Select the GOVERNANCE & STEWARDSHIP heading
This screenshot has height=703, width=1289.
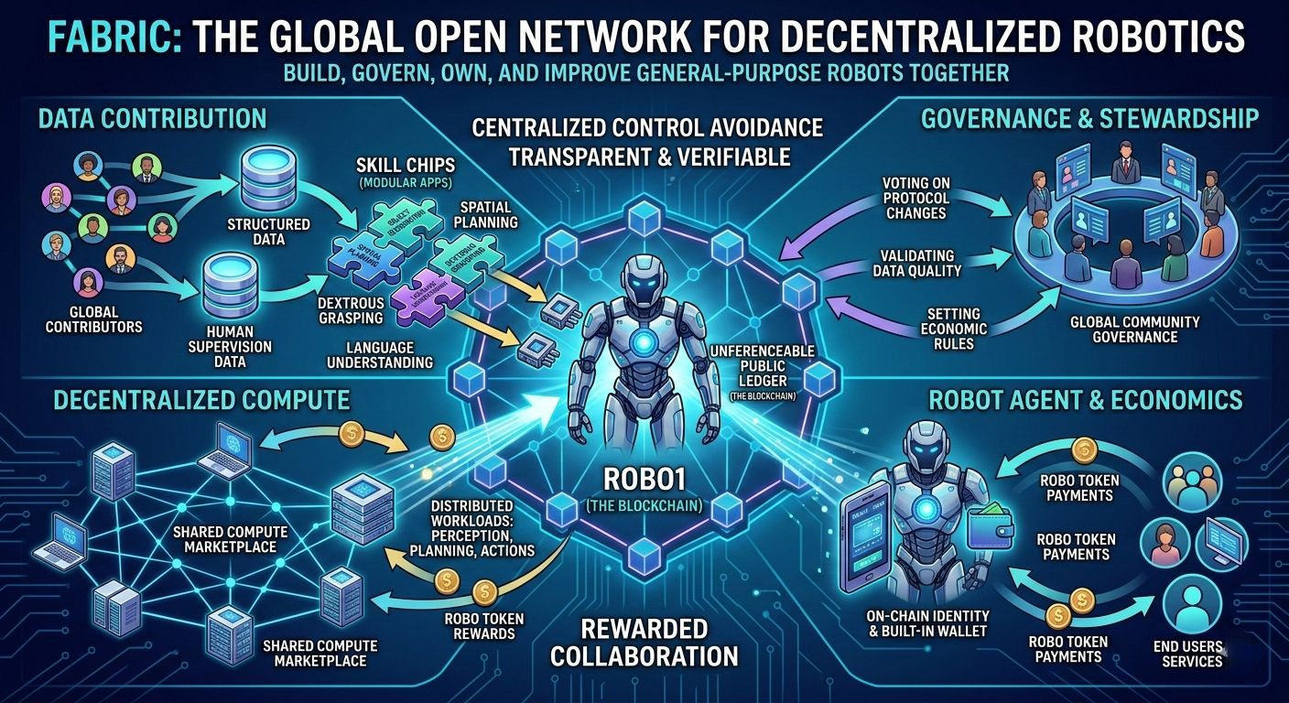(1089, 118)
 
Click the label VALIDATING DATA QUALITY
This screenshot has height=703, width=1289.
(920, 263)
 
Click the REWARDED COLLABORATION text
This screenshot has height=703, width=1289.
(644, 642)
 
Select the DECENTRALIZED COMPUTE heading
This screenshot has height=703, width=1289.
(201, 400)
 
